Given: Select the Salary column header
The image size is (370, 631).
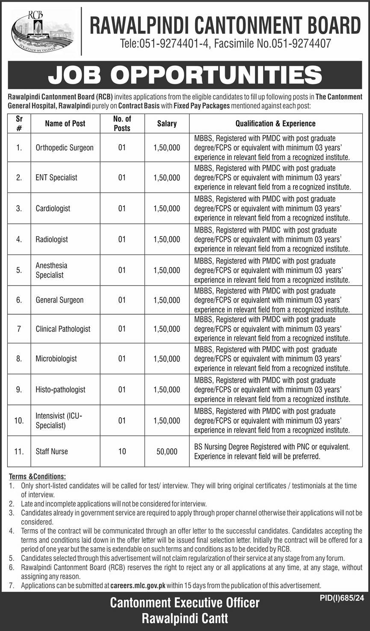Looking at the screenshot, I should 167,124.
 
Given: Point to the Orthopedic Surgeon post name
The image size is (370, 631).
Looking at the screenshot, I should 65,147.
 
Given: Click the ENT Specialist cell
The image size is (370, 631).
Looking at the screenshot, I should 56,177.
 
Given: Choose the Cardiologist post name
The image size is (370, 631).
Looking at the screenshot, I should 53,208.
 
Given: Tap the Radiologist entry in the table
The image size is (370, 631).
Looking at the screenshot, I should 52,239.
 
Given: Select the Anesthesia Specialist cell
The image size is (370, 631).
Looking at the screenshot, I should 51,270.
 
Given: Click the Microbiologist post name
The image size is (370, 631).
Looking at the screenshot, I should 56,359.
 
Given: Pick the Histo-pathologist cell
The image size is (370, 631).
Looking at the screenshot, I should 60,389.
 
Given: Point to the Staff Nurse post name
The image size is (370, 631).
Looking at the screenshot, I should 52,451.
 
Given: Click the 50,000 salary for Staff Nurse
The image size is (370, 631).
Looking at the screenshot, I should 167,451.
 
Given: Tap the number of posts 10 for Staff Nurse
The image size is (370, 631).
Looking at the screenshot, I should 122,451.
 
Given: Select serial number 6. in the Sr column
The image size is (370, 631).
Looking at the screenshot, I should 19,300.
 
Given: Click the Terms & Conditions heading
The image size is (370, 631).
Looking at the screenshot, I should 37,476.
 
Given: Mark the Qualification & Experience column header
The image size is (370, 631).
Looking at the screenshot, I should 275,124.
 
